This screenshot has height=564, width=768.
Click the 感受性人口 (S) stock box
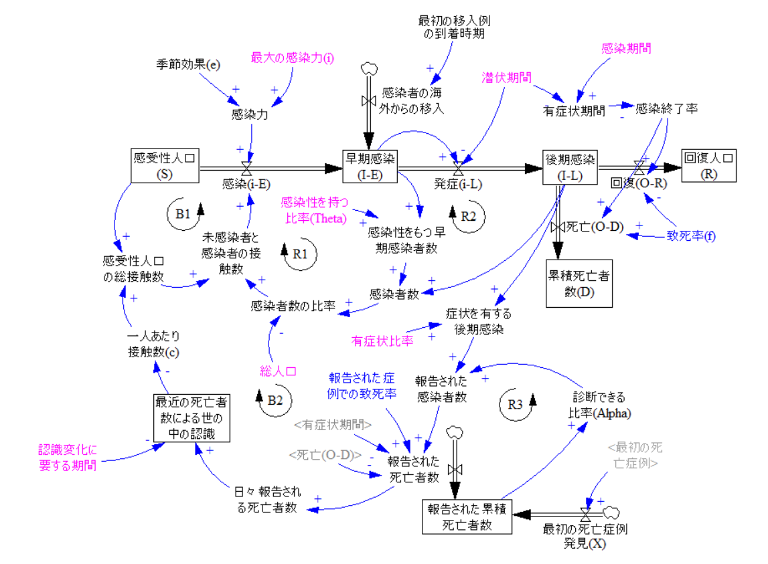coord(164,165)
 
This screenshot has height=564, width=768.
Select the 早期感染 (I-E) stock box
coord(370,165)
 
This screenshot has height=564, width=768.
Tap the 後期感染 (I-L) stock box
coord(570,165)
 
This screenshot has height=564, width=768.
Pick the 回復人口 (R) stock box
coord(708,165)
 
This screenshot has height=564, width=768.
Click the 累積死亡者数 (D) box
coord(579,283)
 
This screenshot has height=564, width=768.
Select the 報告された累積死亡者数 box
coord(467,517)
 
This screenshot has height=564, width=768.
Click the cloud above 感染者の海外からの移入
coord(369,69)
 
